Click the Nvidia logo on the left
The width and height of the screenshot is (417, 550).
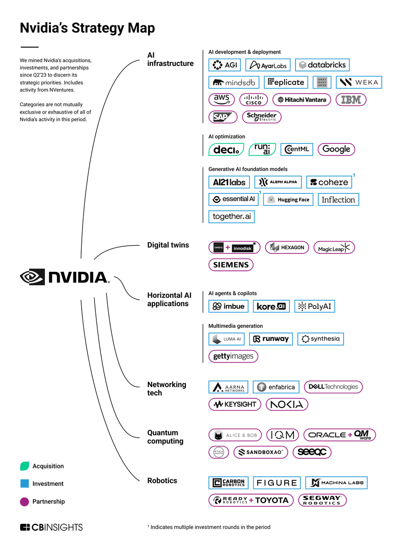65,277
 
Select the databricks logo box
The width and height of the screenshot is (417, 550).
322,65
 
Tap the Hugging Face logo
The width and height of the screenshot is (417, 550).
288,199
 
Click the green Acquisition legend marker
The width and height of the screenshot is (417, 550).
25,466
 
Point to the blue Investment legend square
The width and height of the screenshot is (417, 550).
25,484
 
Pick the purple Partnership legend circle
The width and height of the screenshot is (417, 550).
25,501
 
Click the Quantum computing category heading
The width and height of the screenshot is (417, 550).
165,437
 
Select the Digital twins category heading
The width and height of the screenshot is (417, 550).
168,245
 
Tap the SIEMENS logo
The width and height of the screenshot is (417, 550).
231,264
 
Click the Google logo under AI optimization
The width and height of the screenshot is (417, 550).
336,149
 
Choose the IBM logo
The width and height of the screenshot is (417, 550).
351,99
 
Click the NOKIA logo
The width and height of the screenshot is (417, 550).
287,404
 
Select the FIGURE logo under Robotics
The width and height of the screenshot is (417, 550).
277,483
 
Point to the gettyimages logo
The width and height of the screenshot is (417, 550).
233,356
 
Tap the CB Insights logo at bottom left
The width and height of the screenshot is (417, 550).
51,527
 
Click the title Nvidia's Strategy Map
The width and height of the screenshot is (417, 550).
87,28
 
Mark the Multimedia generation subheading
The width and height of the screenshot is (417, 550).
235,326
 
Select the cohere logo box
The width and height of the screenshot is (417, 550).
329,182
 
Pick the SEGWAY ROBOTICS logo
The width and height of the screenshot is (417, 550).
322,500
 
